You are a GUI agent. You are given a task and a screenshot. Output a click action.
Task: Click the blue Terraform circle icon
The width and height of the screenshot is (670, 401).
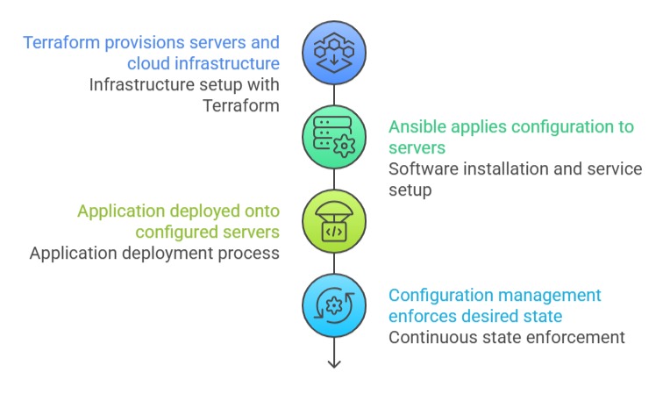(334, 53)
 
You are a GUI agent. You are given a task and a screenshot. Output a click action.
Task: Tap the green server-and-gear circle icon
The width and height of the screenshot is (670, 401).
(334, 137)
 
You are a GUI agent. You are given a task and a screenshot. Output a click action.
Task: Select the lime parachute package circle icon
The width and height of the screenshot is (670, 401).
(334, 221)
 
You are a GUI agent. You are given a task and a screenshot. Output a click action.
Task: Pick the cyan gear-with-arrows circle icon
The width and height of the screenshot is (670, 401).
(334, 305)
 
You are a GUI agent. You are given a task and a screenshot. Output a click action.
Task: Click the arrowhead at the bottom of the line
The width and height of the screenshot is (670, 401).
(334, 362)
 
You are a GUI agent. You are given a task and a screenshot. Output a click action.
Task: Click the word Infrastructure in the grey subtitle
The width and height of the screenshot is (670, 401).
(145, 85)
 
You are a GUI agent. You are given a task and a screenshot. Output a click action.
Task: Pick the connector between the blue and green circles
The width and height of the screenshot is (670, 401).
(334, 95)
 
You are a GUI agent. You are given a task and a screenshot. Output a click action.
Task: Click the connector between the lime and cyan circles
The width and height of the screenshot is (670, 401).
(334, 263)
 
